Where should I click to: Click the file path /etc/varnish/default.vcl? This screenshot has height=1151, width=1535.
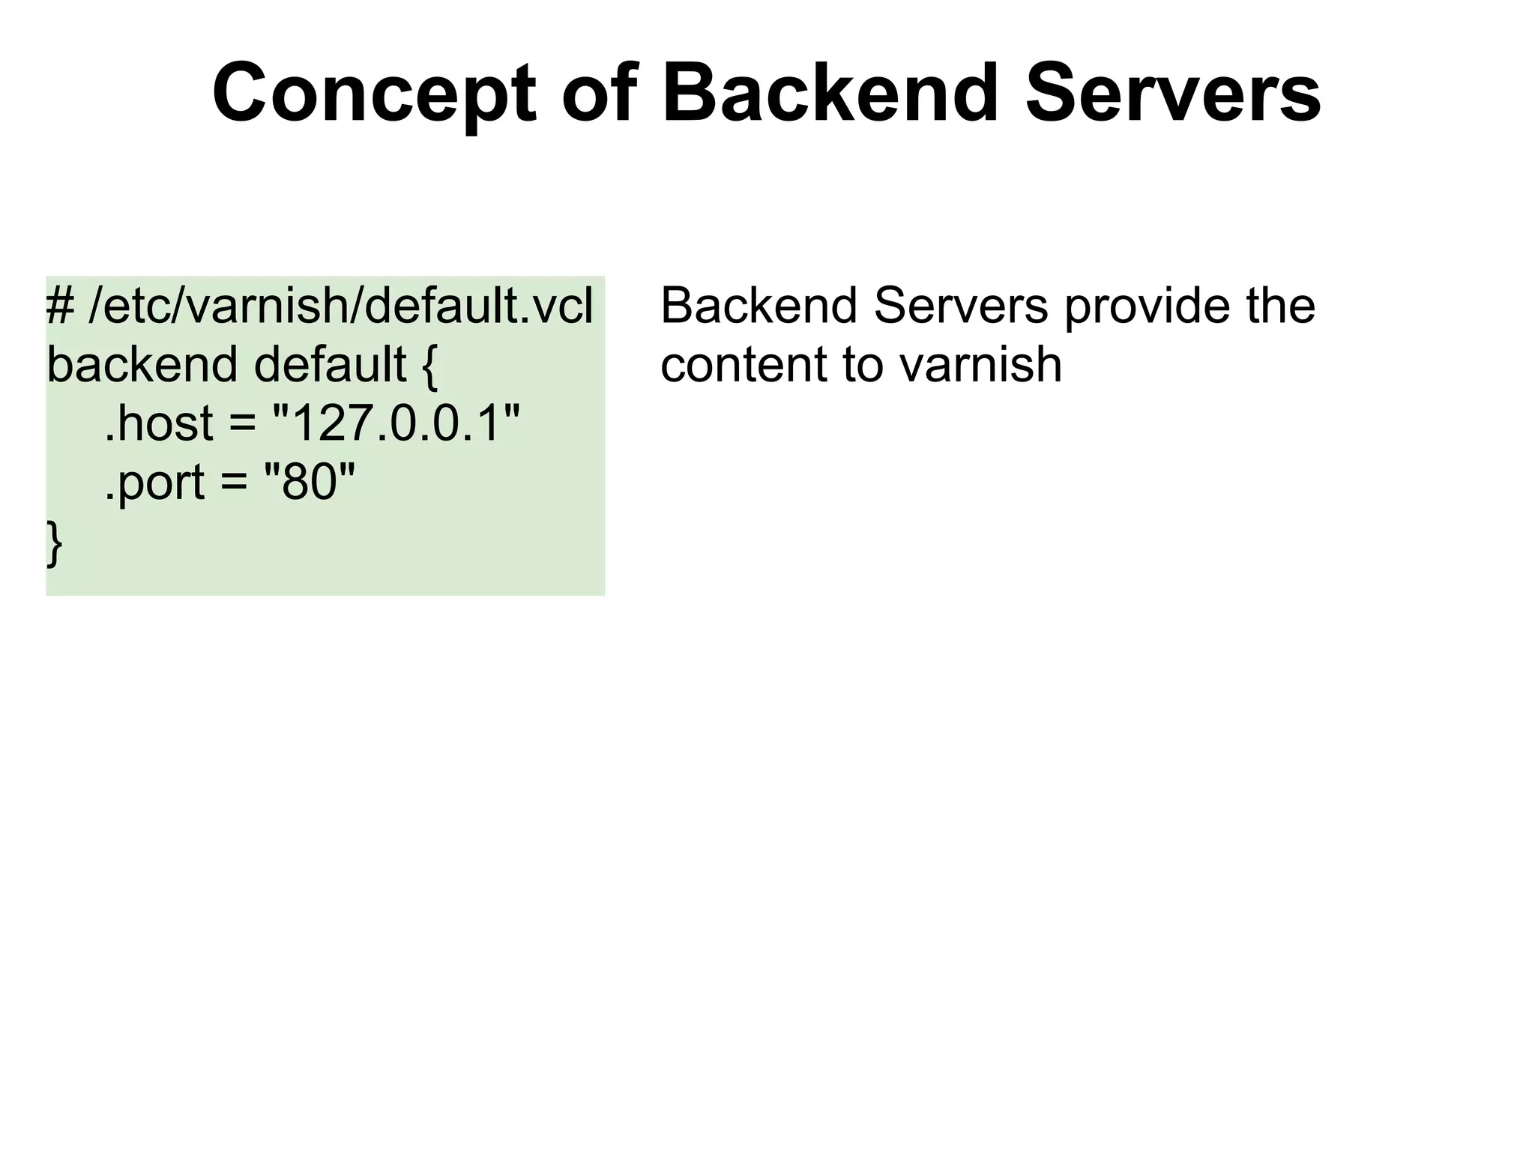[341, 306]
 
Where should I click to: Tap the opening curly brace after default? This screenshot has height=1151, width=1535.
[429, 366]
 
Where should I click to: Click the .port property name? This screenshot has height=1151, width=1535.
[154, 481]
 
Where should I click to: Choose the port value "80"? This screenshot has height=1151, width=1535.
[309, 481]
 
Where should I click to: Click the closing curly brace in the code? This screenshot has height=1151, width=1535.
[54, 541]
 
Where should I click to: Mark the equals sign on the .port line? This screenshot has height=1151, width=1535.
[234, 483]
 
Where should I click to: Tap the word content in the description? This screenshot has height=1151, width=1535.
[743, 364]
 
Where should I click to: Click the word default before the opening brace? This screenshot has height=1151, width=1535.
[331, 364]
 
